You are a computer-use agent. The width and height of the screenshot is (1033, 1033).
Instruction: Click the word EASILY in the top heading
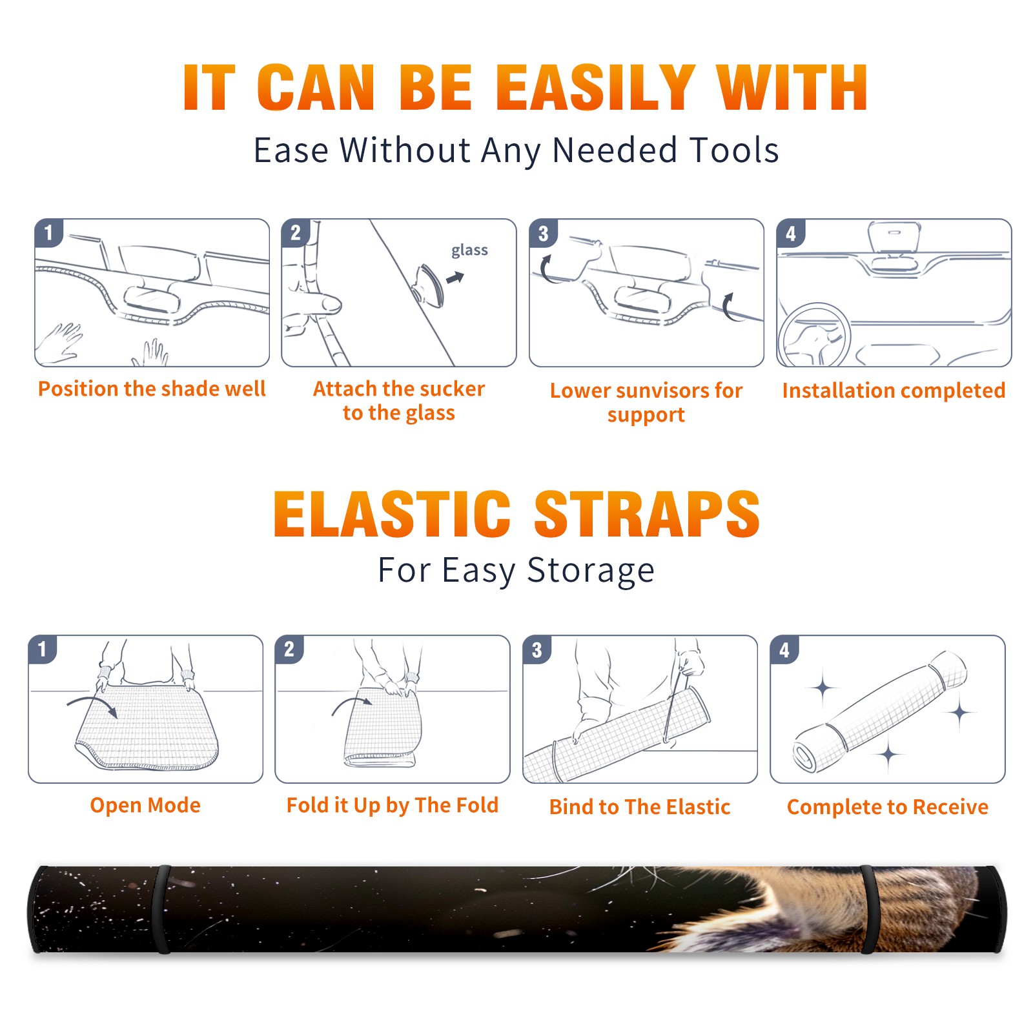pyautogui.click(x=595, y=88)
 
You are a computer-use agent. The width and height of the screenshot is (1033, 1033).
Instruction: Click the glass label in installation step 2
pyautogui.click(x=469, y=251)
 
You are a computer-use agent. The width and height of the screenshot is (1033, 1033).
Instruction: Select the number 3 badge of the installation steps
pyautogui.click(x=543, y=233)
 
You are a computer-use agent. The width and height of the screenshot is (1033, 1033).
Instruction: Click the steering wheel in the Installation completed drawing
pyautogui.click(x=814, y=336)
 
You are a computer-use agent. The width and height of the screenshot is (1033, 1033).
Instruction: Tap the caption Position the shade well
pyautogui.click(x=152, y=389)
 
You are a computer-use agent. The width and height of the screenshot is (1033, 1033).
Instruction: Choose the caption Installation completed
pyautogui.click(x=894, y=391)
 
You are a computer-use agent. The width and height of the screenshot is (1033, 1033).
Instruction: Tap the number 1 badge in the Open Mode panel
pyautogui.click(x=43, y=649)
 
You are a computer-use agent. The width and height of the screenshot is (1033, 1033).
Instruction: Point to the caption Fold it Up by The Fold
pyautogui.click(x=393, y=806)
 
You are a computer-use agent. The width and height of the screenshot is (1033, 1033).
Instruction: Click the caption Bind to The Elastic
pyautogui.click(x=640, y=807)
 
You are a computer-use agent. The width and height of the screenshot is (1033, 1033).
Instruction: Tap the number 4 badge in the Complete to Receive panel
pyautogui.click(x=784, y=649)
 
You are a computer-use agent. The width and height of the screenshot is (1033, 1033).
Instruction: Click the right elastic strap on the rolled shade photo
pyautogui.click(x=868, y=909)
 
